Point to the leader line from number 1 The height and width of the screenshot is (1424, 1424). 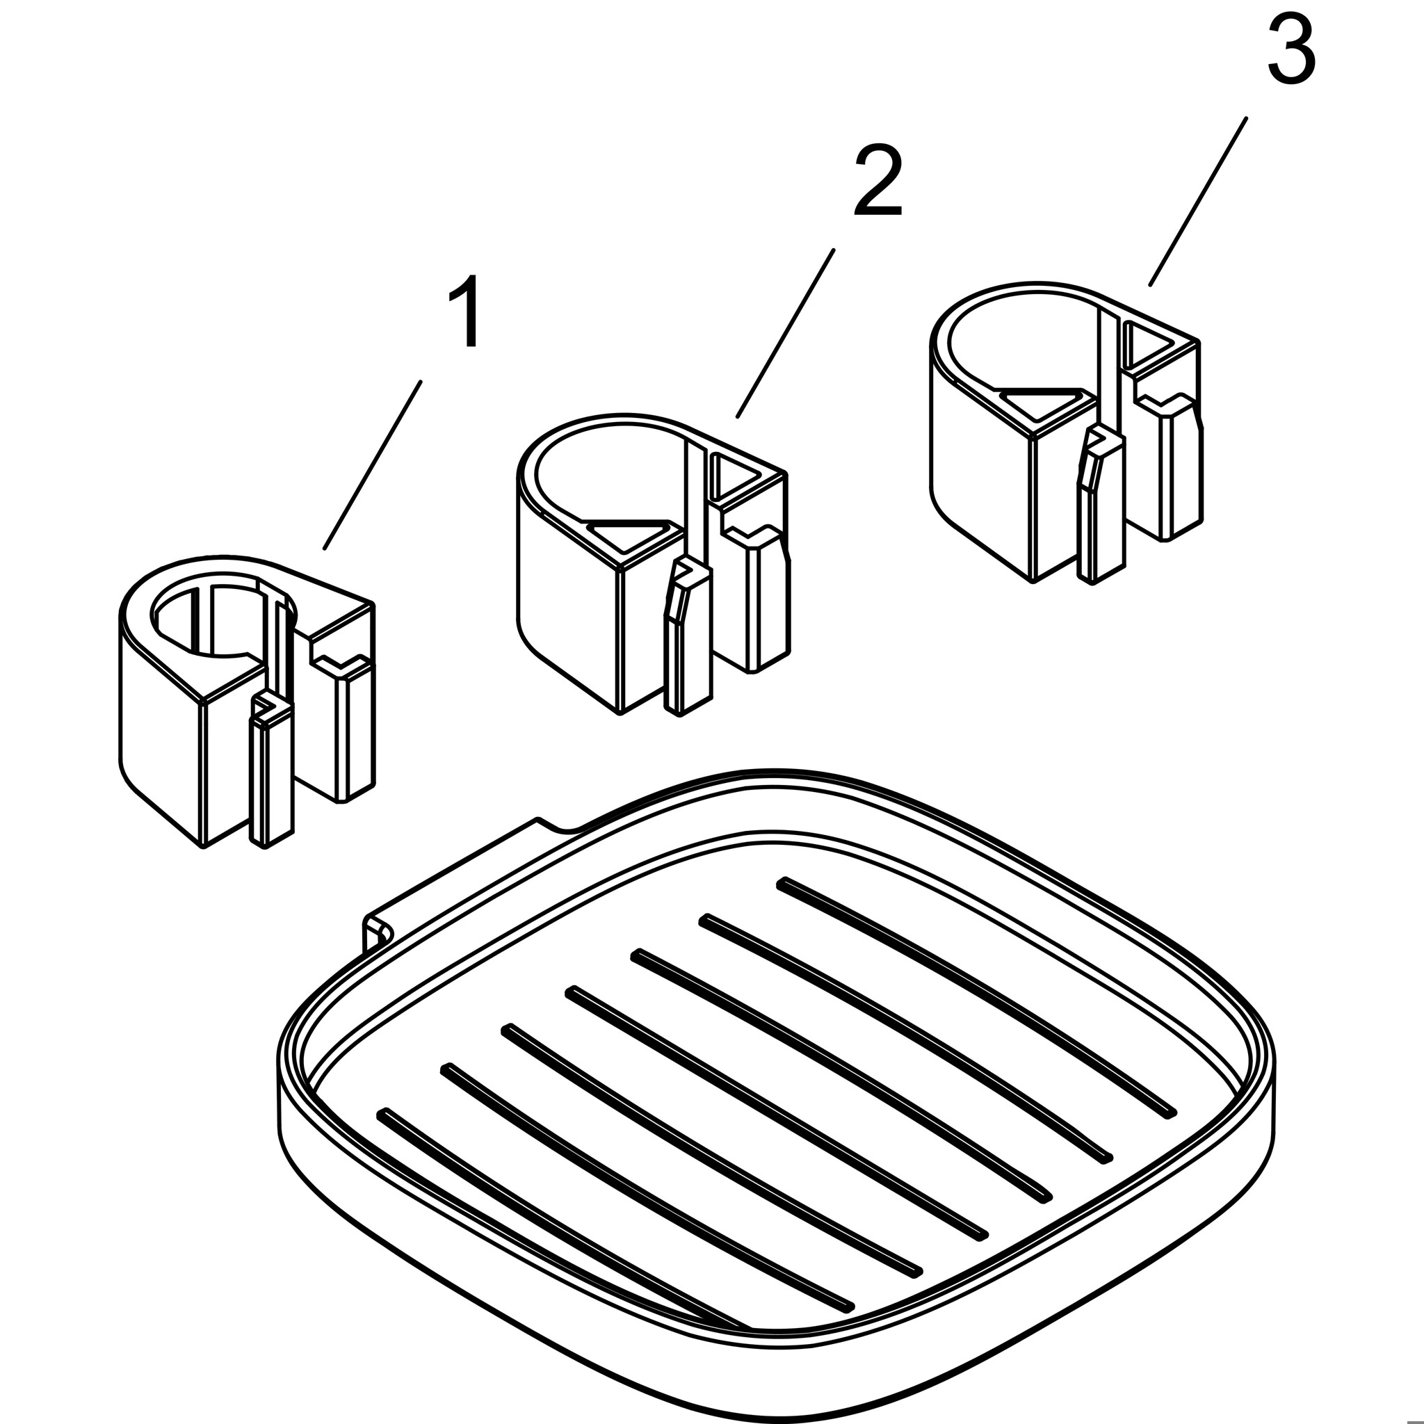[x=372, y=465]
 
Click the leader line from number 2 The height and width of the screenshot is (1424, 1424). [x=785, y=333]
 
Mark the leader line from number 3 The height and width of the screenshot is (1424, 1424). [x=1198, y=201]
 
